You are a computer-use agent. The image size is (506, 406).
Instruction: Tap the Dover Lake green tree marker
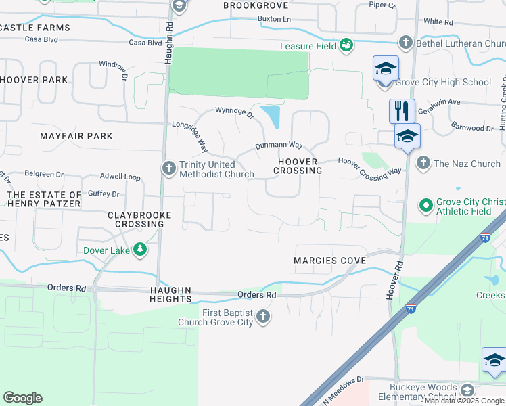140,250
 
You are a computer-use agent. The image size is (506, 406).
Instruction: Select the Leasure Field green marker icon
346,45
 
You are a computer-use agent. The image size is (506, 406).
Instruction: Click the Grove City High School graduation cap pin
386,69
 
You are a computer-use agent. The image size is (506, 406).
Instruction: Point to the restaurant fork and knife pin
402,110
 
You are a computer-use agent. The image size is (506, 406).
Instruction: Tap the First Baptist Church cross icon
263,317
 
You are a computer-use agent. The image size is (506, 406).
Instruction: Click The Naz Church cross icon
423,163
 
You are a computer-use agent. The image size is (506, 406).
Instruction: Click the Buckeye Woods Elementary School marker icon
467,390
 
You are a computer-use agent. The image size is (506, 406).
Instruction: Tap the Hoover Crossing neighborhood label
298,166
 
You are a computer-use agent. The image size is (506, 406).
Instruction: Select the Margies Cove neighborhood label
329,261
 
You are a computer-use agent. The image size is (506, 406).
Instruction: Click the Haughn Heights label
171,294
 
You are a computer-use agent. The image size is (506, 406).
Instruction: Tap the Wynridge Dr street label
234,112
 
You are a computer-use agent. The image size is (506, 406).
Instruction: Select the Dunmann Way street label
279,145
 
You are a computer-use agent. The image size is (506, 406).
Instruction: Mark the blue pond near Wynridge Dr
272,116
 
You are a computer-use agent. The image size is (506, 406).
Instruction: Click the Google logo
22,398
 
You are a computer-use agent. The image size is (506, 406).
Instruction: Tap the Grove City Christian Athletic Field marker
425,204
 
